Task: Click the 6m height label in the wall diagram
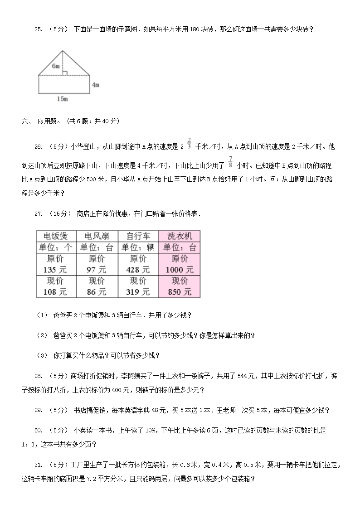pyautogui.click(x=56, y=66)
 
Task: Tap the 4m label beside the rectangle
pyautogui.click(x=95, y=85)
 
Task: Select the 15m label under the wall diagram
pyautogui.click(x=63, y=99)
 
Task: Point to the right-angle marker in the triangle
pyautogui.click(x=64, y=73)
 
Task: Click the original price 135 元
pyautogui.click(x=55, y=270)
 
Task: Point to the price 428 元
pyautogui.click(x=138, y=270)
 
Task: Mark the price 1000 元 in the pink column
pyautogui.click(x=179, y=270)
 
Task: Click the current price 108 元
pyautogui.click(x=55, y=292)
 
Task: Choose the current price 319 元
pyautogui.click(x=138, y=292)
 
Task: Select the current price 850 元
pyautogui.click(x=179, y=292)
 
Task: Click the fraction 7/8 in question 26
pyautogui.click(x=230, y=162)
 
